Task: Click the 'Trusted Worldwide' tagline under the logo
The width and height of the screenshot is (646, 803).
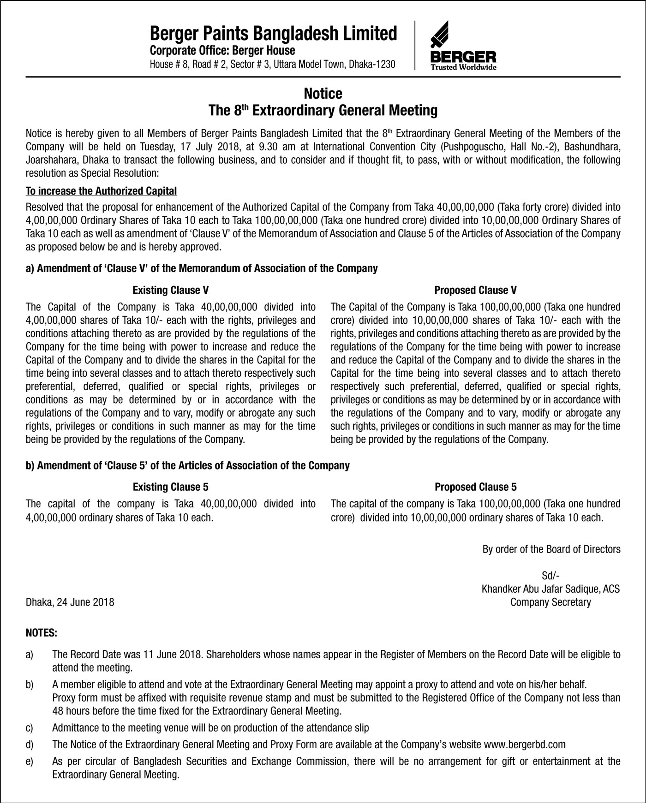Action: pyautogui.click(x=463, y=67)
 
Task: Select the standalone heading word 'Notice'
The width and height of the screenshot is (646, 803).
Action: pyautogui.click(x=323, y=94)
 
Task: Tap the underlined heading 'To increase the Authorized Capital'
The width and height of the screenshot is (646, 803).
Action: pyautogui.click(x=101, y=191)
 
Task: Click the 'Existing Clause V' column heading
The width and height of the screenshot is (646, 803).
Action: pyautogui.click(x=170, y=290)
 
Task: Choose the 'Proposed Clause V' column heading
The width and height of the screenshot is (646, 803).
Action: pyautogui.click(x=475, y=290)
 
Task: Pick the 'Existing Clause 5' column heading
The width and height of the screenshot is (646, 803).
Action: pyautogui.click(x=170, y=487)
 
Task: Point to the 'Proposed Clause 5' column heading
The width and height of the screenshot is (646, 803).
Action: pyautogui.click(x=475, y=487)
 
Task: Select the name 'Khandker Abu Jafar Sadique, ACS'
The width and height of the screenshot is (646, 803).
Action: pyautogui.click(x=550, y=589)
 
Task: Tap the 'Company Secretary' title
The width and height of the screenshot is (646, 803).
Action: pyautogui.click(x=550, y=602)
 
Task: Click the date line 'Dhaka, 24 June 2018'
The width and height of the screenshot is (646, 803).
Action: pyautogui.click(x=70, y=602)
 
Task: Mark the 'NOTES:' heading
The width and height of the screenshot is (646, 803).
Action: pyautogui.click(x=42, y=633)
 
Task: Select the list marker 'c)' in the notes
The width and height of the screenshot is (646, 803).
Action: pyautogui.click(x=30, y=728)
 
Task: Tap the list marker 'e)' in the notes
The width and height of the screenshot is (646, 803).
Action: pyautogui.click(x=30, y=761)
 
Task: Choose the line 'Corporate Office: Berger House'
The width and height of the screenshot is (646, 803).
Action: pyautogui.click(x=222, y=50)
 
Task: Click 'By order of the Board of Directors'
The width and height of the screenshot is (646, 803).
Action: pyautogui.click(x=551, y=549)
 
